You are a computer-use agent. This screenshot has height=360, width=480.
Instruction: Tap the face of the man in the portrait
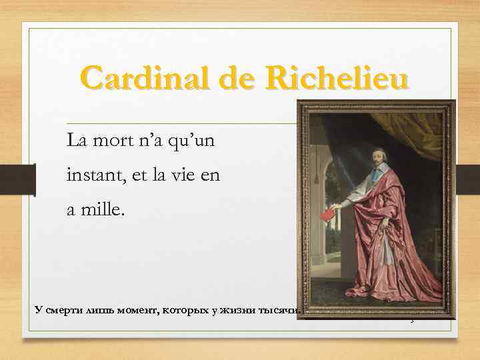click(x=378, y=161)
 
